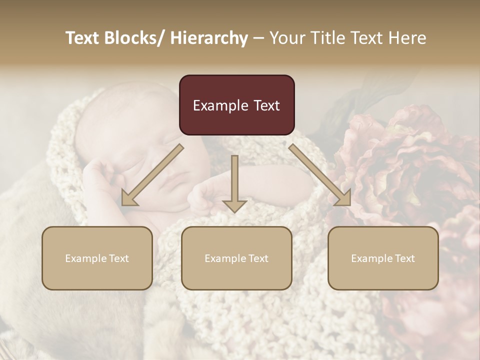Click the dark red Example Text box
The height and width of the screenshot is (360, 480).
(236, 105)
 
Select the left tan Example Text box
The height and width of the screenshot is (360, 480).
(97, 258)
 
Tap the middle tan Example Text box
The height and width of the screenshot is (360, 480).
(236, 258)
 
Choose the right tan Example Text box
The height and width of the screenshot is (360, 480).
(383, 258)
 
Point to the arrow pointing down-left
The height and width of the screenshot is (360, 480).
(152, 175)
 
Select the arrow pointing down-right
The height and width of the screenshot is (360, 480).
(320, 175)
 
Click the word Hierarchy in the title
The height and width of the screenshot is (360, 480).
(209, 38)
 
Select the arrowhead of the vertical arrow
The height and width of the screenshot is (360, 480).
(234, 206)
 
